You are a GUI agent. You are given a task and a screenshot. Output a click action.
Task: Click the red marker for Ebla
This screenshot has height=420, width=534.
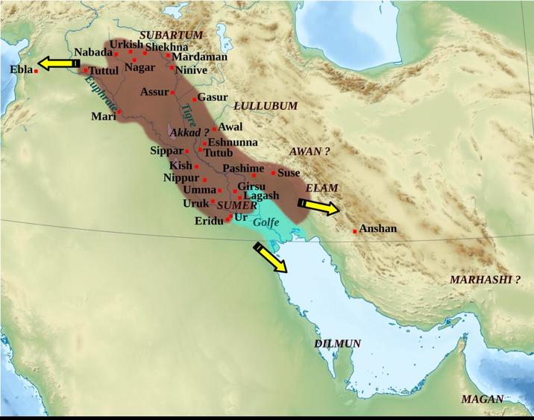(x=36, y=71)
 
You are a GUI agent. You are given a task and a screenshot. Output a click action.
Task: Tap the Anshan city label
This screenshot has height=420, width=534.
(x=378, y=229)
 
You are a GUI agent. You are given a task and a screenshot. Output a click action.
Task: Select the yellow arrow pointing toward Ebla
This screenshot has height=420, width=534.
(x=57, y=63)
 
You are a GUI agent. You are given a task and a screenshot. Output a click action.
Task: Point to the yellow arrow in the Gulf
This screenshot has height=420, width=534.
(x=269, y=258)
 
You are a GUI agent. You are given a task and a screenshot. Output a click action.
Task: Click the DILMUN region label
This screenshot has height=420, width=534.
(x=337, y=343)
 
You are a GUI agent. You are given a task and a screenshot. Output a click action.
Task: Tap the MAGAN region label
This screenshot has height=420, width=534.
(x=483, y=399)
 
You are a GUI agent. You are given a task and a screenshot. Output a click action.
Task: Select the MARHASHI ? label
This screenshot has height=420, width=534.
(x=484, y=280)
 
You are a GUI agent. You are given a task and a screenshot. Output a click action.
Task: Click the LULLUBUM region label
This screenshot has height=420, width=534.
(x=266, y=106)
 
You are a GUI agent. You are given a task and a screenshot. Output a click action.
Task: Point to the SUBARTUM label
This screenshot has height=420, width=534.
(x=172, y=35)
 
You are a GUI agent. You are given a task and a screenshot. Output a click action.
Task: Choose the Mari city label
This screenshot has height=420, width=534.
(x=102, y=116)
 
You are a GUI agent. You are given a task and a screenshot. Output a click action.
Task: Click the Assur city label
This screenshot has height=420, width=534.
(x=154, y=92)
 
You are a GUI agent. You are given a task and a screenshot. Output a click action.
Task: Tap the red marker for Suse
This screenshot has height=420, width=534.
(x=273, y=173)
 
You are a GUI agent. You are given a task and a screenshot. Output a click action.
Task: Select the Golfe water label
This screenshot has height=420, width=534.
(x=266, y=222)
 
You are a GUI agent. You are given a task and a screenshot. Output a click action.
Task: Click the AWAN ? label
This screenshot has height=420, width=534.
(x=309, y=151)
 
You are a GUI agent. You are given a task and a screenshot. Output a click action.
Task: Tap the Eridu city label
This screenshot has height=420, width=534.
(x=210, y=222)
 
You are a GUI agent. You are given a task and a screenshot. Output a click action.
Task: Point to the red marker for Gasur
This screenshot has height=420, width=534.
(x=195, y=98)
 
